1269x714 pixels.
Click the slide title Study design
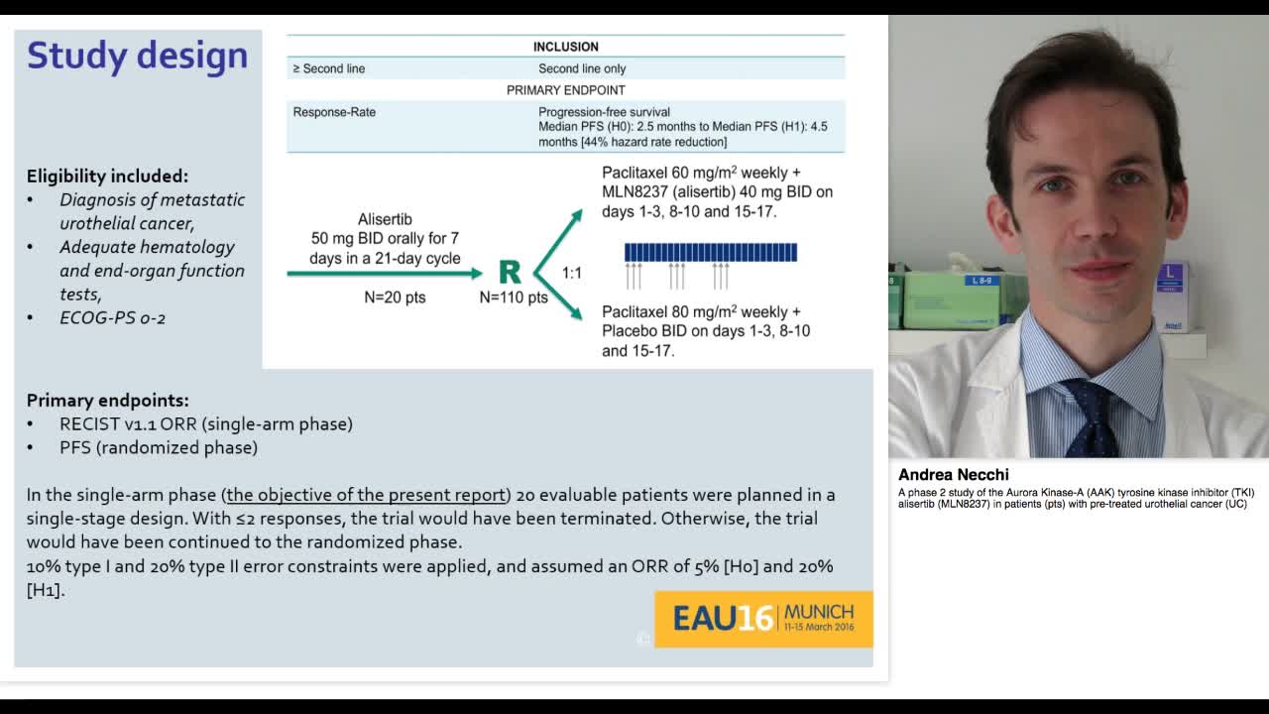click(137, 56)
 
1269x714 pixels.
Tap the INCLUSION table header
click(565, 47)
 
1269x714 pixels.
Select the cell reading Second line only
click(582, 68)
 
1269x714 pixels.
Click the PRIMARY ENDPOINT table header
click(565, 90)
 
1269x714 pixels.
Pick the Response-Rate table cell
click(334, 112)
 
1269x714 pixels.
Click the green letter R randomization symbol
click(510, 273)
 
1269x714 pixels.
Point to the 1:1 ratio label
click(572, 273)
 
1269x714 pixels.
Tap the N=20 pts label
click(395, 297)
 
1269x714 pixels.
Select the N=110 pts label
click(514, 297)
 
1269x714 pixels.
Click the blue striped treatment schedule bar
click(711, 253)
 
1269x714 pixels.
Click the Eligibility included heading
click(107, 176)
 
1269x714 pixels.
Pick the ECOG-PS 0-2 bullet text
click(112, 318)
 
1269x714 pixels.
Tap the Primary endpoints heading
click(107, 401)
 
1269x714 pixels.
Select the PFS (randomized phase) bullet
click(159, 447)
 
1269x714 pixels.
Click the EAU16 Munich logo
click(763, 619)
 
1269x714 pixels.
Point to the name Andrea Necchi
click(953, 475)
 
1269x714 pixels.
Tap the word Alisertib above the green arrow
click(385, 219)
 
